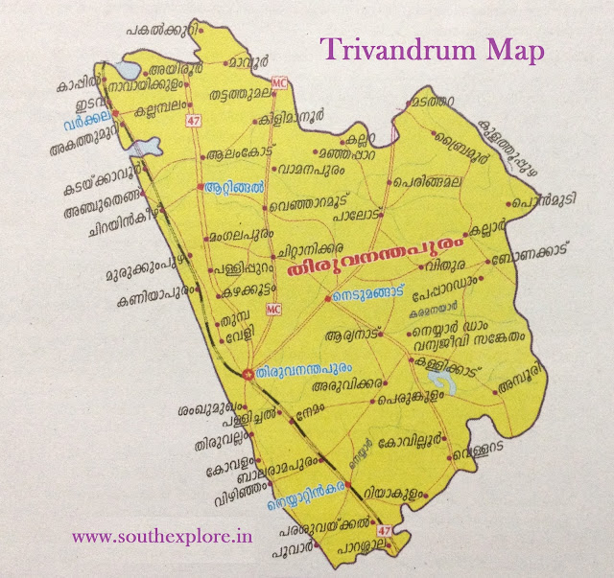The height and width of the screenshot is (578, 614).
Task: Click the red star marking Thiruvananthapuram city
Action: pos(248,372)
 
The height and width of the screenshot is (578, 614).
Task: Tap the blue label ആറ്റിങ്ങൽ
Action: pos(234,188)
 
